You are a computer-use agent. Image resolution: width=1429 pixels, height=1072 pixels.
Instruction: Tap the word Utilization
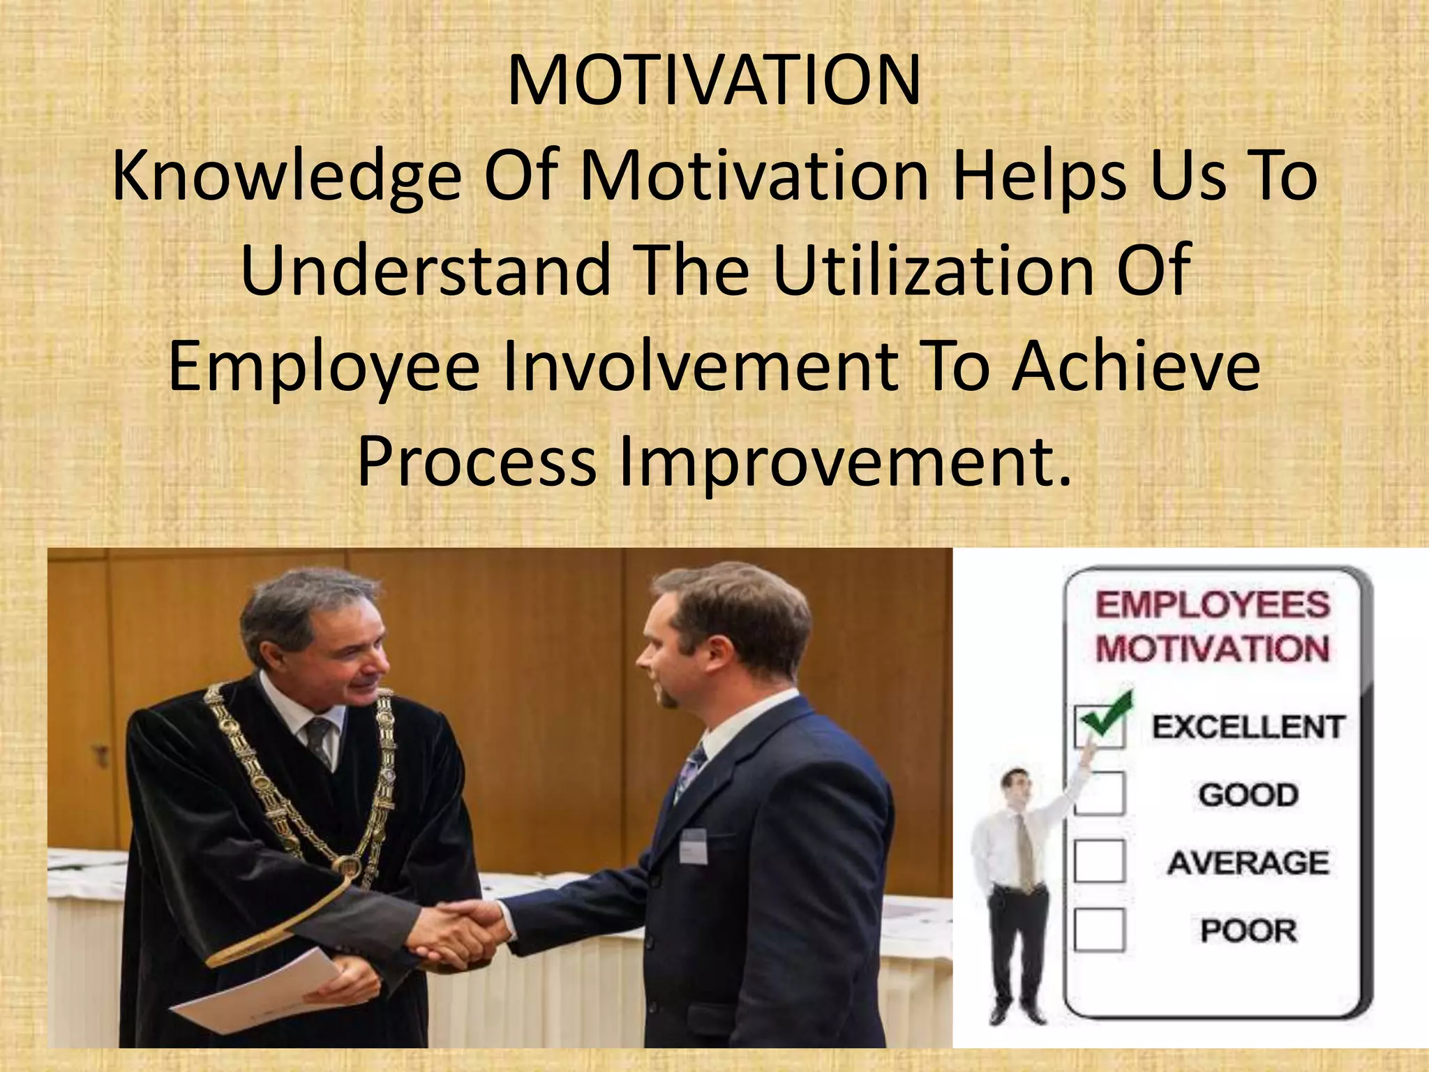(x=935, y=271)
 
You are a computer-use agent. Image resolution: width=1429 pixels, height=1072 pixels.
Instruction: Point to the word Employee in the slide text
(x=324, y=368)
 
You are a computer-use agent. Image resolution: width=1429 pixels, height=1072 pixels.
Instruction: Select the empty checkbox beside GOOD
(x=1100, y=794)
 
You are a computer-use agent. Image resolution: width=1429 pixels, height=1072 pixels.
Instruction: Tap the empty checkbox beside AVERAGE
(x=1100, y=861)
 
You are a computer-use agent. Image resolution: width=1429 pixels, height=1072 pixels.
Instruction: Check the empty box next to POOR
(x=1100, y=930)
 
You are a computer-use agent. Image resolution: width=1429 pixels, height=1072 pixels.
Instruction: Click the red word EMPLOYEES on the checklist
(x=1213, y=604)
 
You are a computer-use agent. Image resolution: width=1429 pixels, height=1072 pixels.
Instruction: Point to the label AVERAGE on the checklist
(x=1248, y=863)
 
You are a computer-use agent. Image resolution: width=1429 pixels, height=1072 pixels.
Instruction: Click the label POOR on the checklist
(x=1248, y=930)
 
